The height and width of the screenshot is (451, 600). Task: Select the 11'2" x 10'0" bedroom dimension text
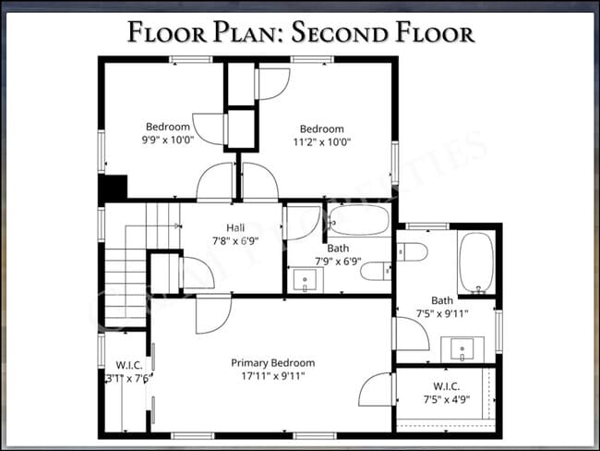click(x=321, y=142)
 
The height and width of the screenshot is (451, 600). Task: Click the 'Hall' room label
click(x=234, y=227)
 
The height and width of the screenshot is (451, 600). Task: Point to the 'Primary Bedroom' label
click(x=272, y=362)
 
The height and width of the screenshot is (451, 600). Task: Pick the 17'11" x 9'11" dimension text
click(x=272, y=376)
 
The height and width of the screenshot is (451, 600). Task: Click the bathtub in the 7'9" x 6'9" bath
click(x=359, y=220)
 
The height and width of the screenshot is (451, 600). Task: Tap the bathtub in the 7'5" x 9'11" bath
click(x=476, y=263)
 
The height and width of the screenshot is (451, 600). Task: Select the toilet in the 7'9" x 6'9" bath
click(x=376, y=271)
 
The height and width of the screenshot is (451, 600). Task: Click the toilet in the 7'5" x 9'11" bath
click(x=412, y=251)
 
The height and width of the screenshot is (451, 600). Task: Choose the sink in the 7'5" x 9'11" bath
click(x=462, y=348)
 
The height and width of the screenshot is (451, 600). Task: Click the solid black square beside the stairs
click(x=113, y=187)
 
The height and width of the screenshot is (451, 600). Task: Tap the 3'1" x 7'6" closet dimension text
click(x=126, y=376)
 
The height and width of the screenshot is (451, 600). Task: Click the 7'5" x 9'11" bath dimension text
click(x=443, y=313)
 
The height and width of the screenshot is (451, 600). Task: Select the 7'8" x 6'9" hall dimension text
click(x=234, y=241)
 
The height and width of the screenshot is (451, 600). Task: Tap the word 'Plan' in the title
click(x=241, y=34)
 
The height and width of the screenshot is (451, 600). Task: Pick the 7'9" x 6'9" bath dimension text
click(x=339, y=262)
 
